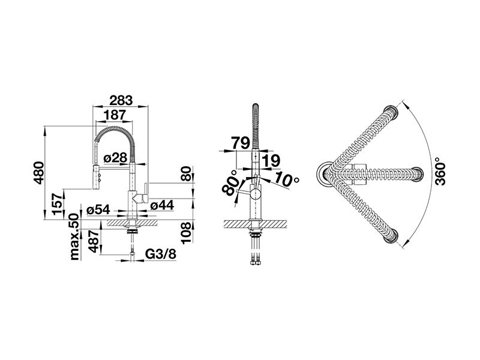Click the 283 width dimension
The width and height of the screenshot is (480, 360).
[121, 100]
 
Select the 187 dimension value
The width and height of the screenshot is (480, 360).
[115, 115]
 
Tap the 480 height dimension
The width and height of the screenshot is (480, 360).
[39, 173]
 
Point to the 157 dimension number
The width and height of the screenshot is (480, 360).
[58, 204]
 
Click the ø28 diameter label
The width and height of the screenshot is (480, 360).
[115, 158]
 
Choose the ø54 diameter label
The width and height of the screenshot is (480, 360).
[98, 209]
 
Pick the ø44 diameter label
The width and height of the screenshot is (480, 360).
[162, 205]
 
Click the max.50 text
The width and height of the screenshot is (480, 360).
[74, 237]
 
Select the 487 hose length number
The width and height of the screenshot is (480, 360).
[94, 241]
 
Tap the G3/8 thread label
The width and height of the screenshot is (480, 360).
[161, 254]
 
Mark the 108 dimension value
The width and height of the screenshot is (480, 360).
[186, 233]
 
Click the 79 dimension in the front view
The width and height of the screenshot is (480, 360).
[241, 143]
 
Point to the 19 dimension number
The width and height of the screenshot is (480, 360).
[271, 161]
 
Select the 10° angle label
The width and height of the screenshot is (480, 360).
[286, 179]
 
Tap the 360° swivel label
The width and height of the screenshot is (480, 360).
[440, 172]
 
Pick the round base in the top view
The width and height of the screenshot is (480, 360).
[325, 174]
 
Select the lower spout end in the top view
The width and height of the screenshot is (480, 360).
[392, 236]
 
